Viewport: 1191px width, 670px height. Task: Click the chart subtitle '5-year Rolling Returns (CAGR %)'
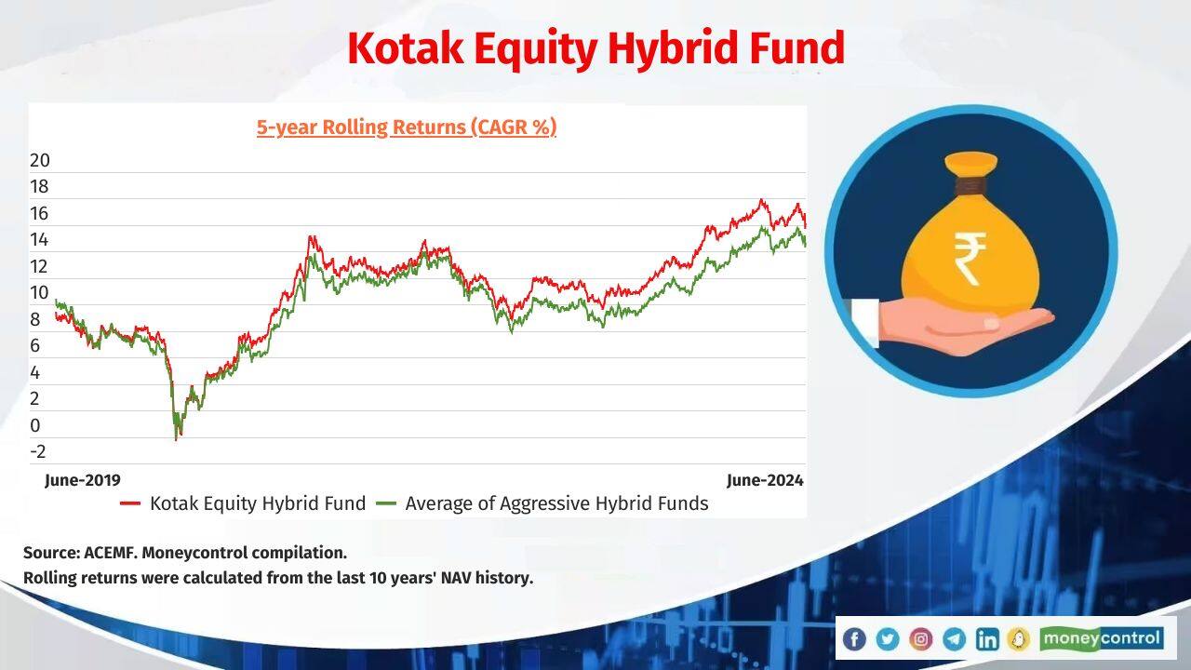[407, 127]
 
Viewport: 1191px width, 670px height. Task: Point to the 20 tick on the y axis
[39, 160]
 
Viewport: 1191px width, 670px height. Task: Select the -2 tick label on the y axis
[38, 451]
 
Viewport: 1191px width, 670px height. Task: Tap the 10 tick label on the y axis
[39, 292]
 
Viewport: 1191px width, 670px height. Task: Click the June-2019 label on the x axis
[83, 480]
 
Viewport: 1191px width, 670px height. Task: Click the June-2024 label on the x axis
[765, 480]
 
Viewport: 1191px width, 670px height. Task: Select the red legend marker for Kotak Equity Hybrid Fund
[130, 503]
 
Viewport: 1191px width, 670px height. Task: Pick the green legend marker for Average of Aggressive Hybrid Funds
[386, 503]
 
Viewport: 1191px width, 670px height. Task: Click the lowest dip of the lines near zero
[177, 437]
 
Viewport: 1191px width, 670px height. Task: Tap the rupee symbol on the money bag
[970, 259]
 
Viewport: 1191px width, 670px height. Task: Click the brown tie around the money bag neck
[970, 186]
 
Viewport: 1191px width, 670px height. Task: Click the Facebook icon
[854, 638]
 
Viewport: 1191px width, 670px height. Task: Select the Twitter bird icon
[888, 638]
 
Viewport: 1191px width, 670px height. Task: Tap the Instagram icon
[921, 638]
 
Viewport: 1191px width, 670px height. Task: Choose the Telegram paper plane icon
[954, 638]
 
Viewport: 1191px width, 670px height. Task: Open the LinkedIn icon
[987, 638]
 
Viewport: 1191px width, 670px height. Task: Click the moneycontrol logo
[1101, 638]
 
